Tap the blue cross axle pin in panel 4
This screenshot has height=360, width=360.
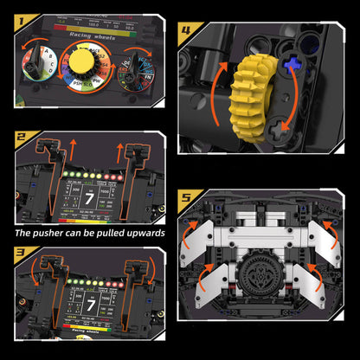point(295,63)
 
